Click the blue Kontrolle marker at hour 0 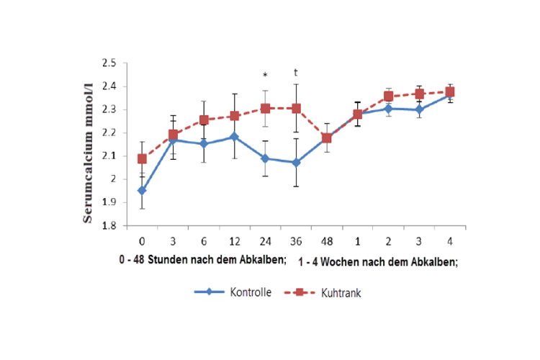pos(143,191)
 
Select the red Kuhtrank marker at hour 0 pos(143,158)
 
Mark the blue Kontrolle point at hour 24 pos(266,158)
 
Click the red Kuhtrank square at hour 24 pos(266,108)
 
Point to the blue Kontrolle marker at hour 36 pos(296,163)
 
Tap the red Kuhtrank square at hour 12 pos(235,115)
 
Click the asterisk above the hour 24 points pos(265,76)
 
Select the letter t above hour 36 pos(296,72)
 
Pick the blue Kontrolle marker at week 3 pos(419,109)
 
